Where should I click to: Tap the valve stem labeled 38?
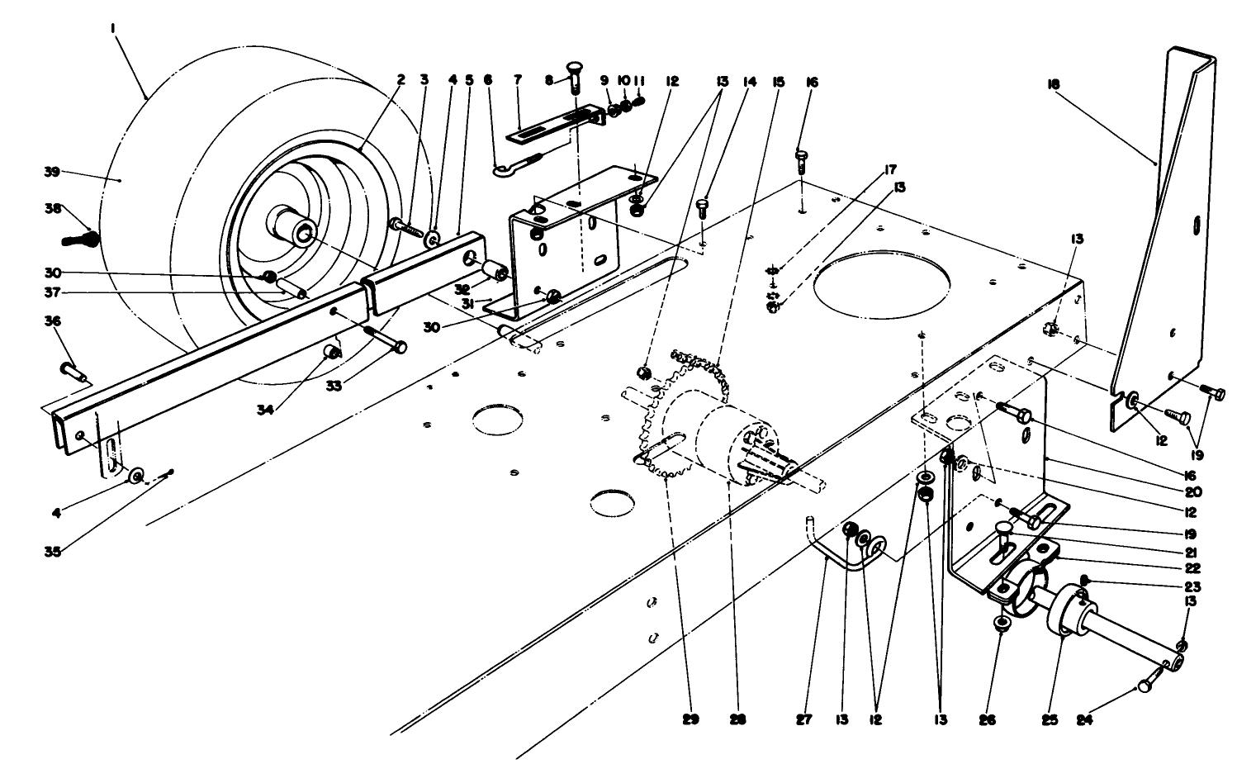click(x=80, y=240)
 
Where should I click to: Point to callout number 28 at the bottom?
click(x=738, y=719)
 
